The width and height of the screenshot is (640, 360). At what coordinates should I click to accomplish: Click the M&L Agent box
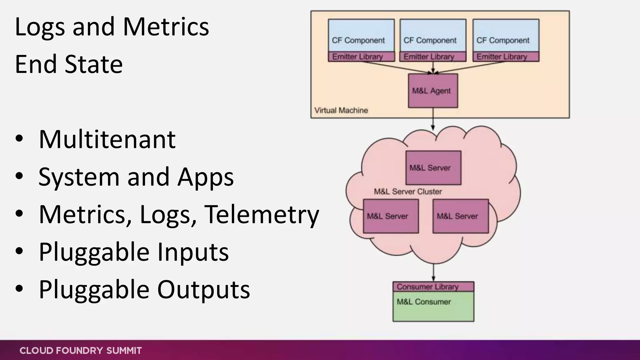pos(433,91)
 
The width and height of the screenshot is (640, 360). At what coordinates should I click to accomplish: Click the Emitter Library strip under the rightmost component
pos(506,57)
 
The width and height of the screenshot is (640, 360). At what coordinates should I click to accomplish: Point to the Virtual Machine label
pos(341,110)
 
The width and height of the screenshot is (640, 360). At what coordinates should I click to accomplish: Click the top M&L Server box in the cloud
pos(433,168)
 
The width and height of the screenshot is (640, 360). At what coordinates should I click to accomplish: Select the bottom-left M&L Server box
pos(391,216)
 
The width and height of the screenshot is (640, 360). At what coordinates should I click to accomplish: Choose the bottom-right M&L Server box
pos(460,216)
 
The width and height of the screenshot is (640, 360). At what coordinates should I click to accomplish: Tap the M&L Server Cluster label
pos(408,192)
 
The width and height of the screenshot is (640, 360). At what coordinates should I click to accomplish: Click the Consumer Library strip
pos(433,287)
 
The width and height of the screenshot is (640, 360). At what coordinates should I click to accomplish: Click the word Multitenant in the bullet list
pos(107,139)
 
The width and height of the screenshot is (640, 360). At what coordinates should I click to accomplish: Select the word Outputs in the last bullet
pos(203,290)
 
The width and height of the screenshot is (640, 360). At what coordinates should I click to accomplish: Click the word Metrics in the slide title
pos(166,27)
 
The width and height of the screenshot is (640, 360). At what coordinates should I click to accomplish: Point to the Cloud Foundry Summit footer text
pos(81,351)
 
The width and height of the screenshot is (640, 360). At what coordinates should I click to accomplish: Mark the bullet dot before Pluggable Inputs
pos(19,251)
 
